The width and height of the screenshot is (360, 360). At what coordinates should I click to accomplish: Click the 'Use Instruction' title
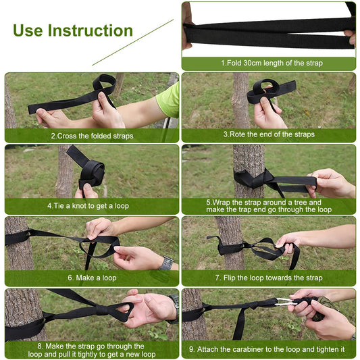73,30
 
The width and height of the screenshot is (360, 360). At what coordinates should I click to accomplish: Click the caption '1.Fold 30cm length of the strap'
267,63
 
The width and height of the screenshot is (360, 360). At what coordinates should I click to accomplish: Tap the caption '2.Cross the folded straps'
92,135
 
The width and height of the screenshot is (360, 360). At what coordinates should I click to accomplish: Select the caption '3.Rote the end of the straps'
267,135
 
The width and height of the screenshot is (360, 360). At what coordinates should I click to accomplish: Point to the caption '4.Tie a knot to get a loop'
88,206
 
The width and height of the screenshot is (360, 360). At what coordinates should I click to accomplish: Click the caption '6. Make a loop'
92,278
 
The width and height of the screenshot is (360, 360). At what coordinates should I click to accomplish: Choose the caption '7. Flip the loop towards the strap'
268,278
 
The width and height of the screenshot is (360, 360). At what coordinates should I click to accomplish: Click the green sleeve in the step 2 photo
169,100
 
